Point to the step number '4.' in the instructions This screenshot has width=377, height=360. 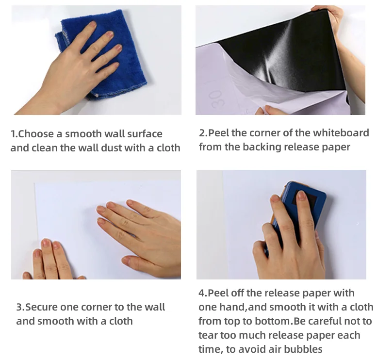click(x=203, y=293)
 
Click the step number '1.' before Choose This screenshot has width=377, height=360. click(x=15, y=134)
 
